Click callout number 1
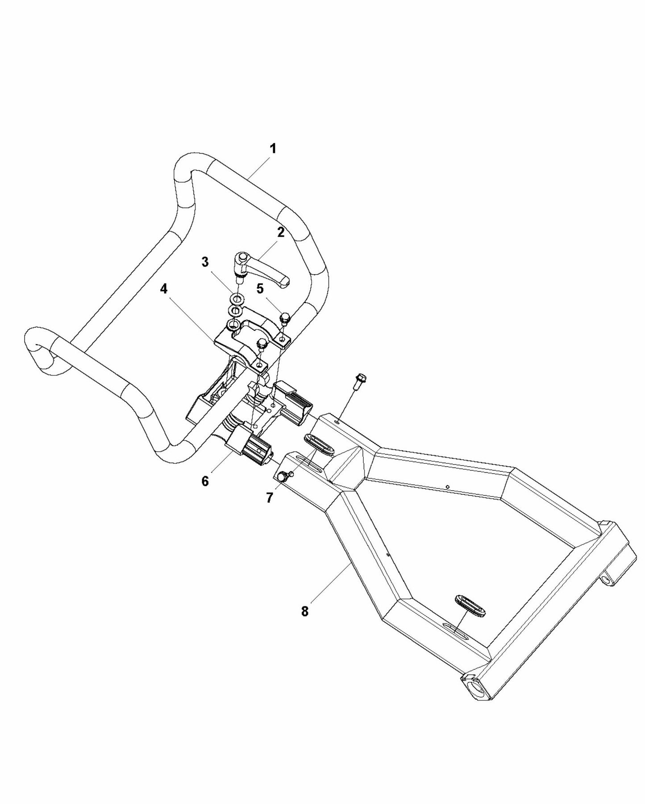pos(272,149)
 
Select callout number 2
pos(280,232)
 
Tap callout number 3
pos(205,262)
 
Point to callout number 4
pos(164,289)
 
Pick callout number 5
pos(260,288)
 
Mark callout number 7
pos(269,498)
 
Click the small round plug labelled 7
pos(283,477)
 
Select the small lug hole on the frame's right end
pos(608,580)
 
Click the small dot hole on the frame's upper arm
pos(447,486)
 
